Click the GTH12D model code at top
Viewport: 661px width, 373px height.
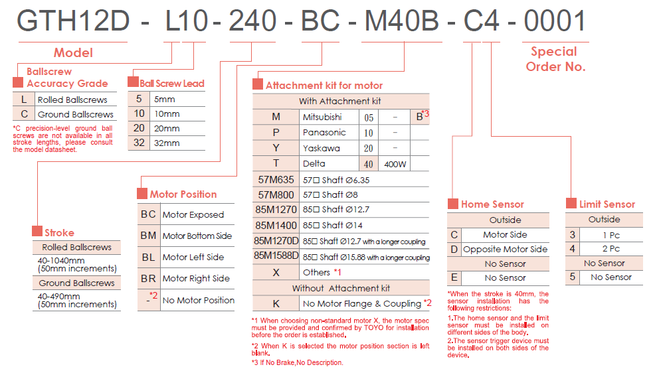(73, 22)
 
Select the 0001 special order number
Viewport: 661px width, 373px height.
(555, 22)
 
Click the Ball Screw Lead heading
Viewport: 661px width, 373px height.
(172, 84)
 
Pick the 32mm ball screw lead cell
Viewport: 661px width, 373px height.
(166, 143)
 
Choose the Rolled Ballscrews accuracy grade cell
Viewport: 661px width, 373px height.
(72, 100)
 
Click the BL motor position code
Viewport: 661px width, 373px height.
(148, 257)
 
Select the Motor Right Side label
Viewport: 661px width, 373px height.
(196, 278)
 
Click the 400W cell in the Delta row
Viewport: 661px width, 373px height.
(395, 163)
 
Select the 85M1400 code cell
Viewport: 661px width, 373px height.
(276, 226)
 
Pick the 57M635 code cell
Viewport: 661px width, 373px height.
(276, 179)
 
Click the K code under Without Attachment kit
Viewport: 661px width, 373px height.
(276, 303)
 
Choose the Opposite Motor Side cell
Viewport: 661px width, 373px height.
(505, 249)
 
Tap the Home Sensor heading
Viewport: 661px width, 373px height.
(492, 204)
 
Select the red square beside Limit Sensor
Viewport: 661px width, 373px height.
(571, 204)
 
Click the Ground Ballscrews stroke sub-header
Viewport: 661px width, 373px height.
(76, 283)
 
